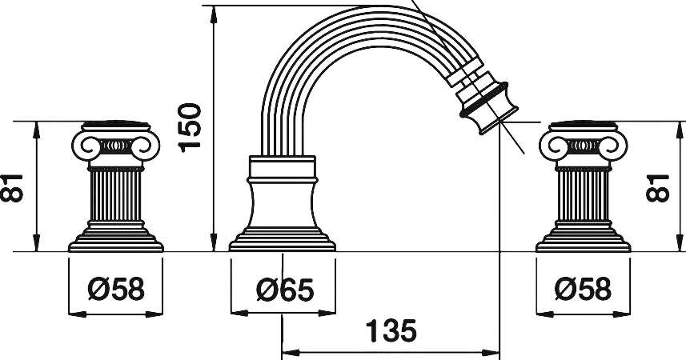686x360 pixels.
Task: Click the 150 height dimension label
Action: [191, 128]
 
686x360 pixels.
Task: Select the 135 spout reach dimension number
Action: [391, 331]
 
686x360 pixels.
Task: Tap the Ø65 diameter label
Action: [285, 290]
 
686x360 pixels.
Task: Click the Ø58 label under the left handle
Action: [116, 289]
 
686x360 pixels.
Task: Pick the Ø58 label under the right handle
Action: [584, 289]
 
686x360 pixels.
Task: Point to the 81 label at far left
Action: [11, 188]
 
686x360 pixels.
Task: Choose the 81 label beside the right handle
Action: [658, 188]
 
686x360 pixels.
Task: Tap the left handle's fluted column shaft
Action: [116, 195]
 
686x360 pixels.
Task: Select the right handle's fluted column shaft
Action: [584, 195]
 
